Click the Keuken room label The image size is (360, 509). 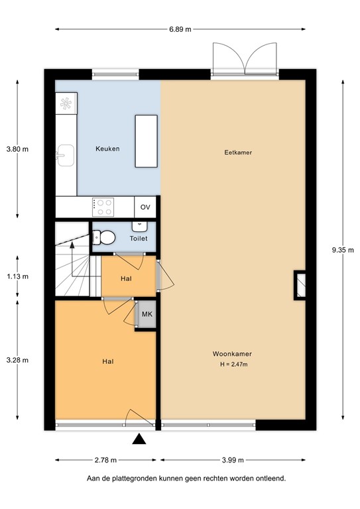click(107, 149)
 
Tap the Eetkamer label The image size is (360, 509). click(238, 152)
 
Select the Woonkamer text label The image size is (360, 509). click(232, 353)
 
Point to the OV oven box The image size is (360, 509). click(145, 207)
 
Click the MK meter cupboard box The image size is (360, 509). click(147, 315)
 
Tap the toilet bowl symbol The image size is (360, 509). click(103, 237)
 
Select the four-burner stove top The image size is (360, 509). click(103, 207)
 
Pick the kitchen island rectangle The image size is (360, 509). click(146, 141)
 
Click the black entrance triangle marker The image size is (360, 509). click(139, 438)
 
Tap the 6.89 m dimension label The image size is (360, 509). click(179, 29)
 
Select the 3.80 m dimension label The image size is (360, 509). click(17, 149)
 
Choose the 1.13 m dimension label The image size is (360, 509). click(17, 277)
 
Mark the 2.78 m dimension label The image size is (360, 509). click(105, 460)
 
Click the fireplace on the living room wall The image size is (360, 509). click(300, 283)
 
